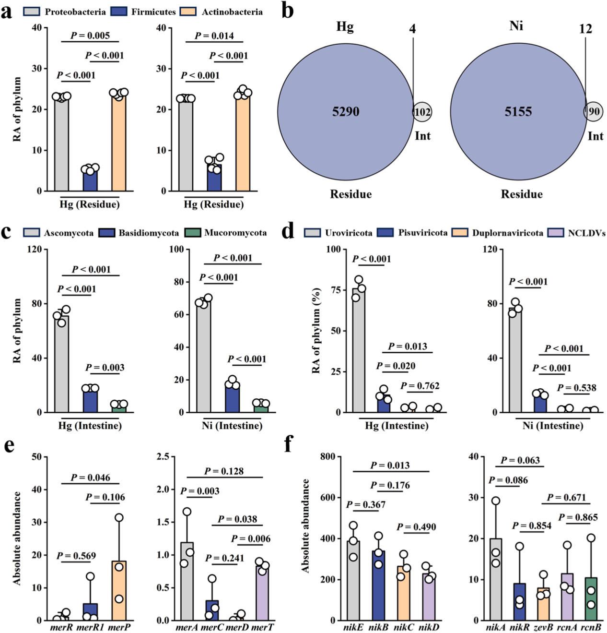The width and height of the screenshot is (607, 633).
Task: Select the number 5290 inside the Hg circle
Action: [x=345, y=111]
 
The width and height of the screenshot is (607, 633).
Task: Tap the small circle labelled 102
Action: [x=422, y=112]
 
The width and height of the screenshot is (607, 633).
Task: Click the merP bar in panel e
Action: [x=119, y=590]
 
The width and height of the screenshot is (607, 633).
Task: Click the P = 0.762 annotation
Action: [x=420, y=386]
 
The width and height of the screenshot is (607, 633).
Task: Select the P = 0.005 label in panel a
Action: [x=90, y=36]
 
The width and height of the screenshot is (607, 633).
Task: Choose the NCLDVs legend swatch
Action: [x=556, y=233]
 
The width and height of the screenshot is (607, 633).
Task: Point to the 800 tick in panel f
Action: [x=333, y=457]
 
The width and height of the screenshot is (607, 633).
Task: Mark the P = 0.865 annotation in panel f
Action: [x=578, y=517]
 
